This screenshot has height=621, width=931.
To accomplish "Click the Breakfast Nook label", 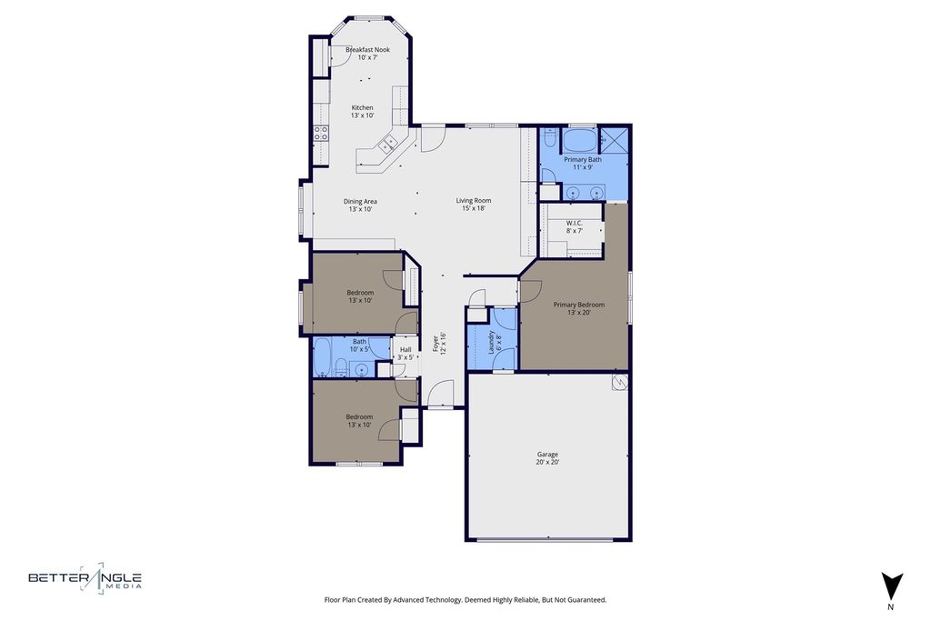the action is (x=367, y=54).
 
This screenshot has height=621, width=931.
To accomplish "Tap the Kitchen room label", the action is (x=362, y=112).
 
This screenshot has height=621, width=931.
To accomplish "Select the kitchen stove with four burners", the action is (x=321, y=133).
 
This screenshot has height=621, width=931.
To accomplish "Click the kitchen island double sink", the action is (x=388, y=143).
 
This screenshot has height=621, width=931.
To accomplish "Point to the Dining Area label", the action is (x=360, y=205).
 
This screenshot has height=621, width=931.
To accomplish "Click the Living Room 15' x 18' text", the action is (x=473, y=205).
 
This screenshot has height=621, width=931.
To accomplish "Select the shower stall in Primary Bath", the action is (x=614, y=140).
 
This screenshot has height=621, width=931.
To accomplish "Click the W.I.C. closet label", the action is (x=574, y=226).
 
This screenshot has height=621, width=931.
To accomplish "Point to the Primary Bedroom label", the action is (x=579, y=309).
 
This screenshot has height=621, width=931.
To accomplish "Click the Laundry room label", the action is (x=495, y=342).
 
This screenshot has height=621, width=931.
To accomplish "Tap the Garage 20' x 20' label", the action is (x=547, y=458).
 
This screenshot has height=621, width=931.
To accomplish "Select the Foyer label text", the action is (x=439, y=343).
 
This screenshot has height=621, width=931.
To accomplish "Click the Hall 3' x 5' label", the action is (x=405, y=354).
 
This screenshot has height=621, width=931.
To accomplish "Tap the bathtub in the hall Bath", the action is (x=323, y=357).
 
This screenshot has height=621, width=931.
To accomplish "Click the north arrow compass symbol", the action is (x=891, y=587).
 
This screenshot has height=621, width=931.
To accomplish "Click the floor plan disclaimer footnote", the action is (x=465, y=599).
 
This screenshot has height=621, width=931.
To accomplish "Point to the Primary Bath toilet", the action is (x=550, y=137).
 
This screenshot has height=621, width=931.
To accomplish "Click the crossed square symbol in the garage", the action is (x=620, y=382).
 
